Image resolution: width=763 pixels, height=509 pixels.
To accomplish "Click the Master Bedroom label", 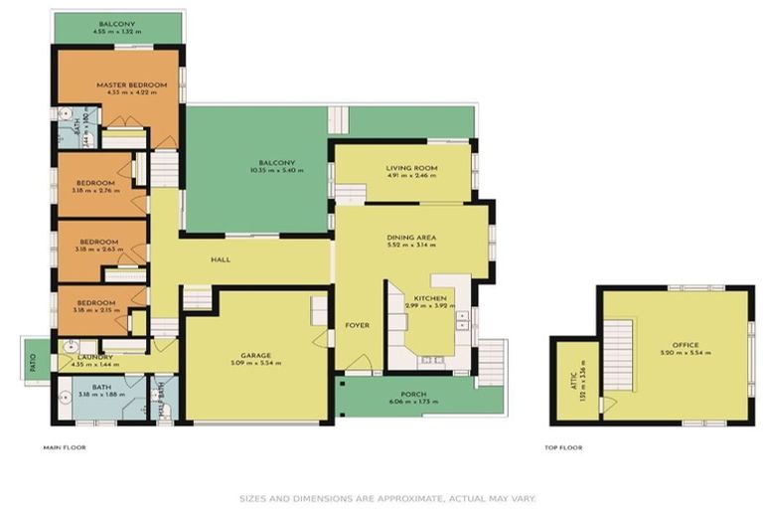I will [x=131, y=85].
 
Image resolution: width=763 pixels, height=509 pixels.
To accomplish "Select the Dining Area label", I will [x=411, y=238].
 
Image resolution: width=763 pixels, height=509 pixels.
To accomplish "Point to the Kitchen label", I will [x=430, y=298].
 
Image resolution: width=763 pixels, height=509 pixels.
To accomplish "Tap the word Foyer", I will [x=357, y=325].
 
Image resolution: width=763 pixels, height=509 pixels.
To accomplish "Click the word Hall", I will [x=221, y=259].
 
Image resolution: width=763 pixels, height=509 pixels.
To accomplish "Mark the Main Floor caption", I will [x=65, y=447].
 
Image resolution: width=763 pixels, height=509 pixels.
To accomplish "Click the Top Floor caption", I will [x=563, y=447].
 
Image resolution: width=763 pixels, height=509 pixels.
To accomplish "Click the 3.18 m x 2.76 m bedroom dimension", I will [x=98, y=191].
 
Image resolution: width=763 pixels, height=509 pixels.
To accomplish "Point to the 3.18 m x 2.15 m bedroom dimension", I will [x=98, y=310].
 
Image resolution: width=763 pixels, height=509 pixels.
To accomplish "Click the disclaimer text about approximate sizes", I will [x=385, y=499].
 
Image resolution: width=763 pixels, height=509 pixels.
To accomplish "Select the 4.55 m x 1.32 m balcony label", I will [x=118, y=32].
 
